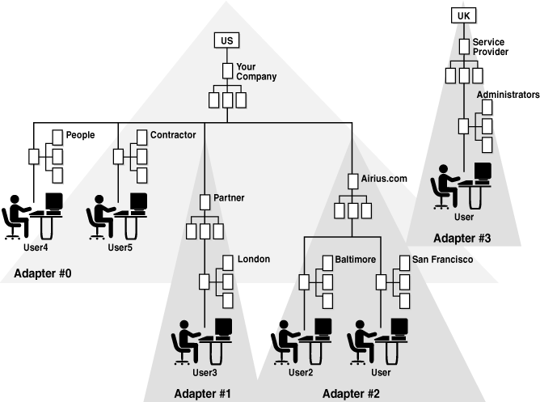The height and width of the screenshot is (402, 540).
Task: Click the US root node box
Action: [227, 40]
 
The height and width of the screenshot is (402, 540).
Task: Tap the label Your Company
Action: [256, 71]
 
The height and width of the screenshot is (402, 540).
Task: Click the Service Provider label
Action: [490, 46]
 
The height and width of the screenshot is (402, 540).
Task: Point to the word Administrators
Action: [508, 95]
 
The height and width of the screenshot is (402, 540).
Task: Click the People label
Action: [80, 135]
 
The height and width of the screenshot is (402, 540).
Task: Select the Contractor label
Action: [173, 135]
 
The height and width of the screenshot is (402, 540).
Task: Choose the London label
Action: [253, 260]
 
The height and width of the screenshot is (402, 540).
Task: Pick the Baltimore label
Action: [356, 260]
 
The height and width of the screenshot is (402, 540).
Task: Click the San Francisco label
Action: [442, 260]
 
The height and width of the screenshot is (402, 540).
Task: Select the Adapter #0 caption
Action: [43, 274]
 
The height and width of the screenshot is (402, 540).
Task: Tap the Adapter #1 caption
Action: [202, 394]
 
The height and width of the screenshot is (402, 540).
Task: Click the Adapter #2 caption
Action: [352, 394]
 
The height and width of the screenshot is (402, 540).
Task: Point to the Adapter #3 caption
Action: [462, 238]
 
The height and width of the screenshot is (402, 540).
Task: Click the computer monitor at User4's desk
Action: [54, 201]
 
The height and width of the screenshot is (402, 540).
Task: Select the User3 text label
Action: [205, 373]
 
